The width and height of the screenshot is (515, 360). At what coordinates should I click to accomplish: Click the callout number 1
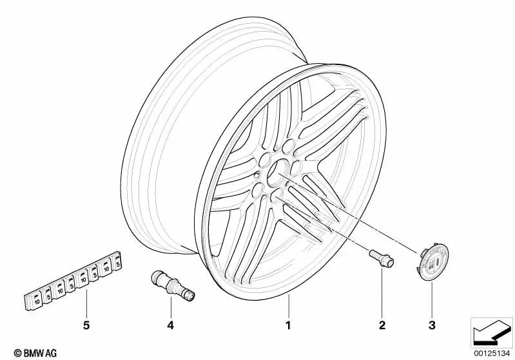coord(288,326)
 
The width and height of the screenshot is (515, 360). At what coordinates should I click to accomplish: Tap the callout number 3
coord(432,326)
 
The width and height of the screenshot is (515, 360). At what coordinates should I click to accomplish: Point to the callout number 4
coord(170,326)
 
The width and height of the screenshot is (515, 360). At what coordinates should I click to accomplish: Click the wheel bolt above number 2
coord(380,258)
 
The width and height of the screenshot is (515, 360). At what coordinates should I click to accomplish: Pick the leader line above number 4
coord(170,308)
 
